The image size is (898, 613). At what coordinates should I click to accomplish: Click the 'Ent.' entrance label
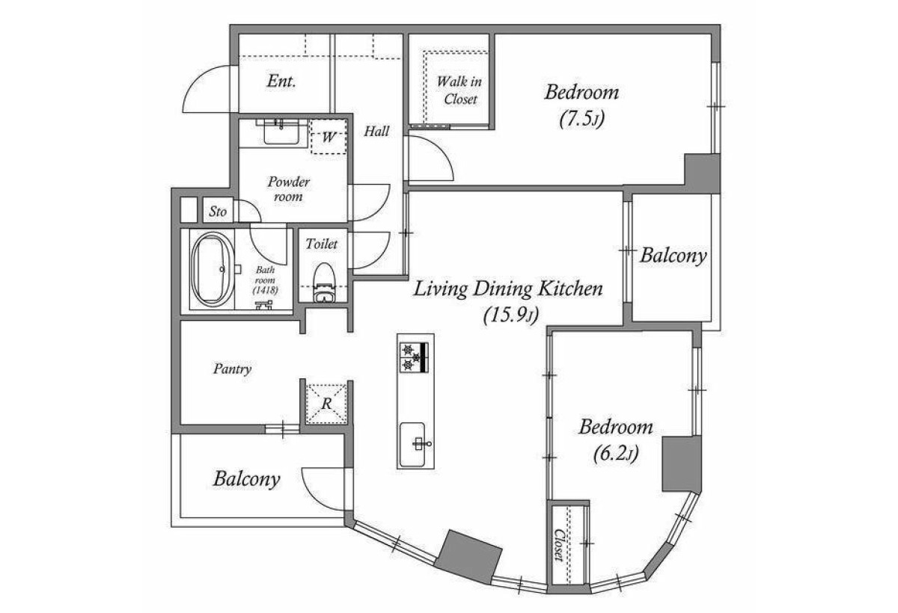tap(281, 81)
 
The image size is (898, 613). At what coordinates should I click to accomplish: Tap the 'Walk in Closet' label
tap(459, 90)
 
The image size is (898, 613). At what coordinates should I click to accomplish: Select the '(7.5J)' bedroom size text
tap(581, 119)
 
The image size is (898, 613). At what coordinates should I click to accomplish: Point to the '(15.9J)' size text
tap(510, 316)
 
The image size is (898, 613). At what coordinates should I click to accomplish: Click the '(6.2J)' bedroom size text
tap(615, 454)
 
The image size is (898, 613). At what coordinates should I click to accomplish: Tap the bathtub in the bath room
tap(213, 269)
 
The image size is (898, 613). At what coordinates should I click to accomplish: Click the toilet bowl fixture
tap(323, 283)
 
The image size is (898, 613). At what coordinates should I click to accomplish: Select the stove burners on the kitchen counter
tap(414, 357)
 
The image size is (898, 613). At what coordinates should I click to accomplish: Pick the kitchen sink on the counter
tap(412, 444)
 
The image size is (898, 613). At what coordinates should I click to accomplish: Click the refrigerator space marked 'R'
tap(326, 404)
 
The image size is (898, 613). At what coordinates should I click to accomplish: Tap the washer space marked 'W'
tap(329, 138)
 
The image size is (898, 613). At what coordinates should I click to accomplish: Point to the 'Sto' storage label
tap(218, 212)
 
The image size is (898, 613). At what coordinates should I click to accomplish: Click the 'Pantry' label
tap(232, 369)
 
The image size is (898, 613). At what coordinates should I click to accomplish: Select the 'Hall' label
tap(376, 131)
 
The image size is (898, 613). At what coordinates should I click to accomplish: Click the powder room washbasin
tap(281, 132)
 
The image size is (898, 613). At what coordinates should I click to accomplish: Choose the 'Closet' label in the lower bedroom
tap(559, 544)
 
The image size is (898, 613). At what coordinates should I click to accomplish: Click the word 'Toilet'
tap(322, 244)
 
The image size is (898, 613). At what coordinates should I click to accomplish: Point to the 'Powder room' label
tap(288, 189)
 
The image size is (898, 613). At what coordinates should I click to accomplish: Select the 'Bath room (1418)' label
tap(266, 280)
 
